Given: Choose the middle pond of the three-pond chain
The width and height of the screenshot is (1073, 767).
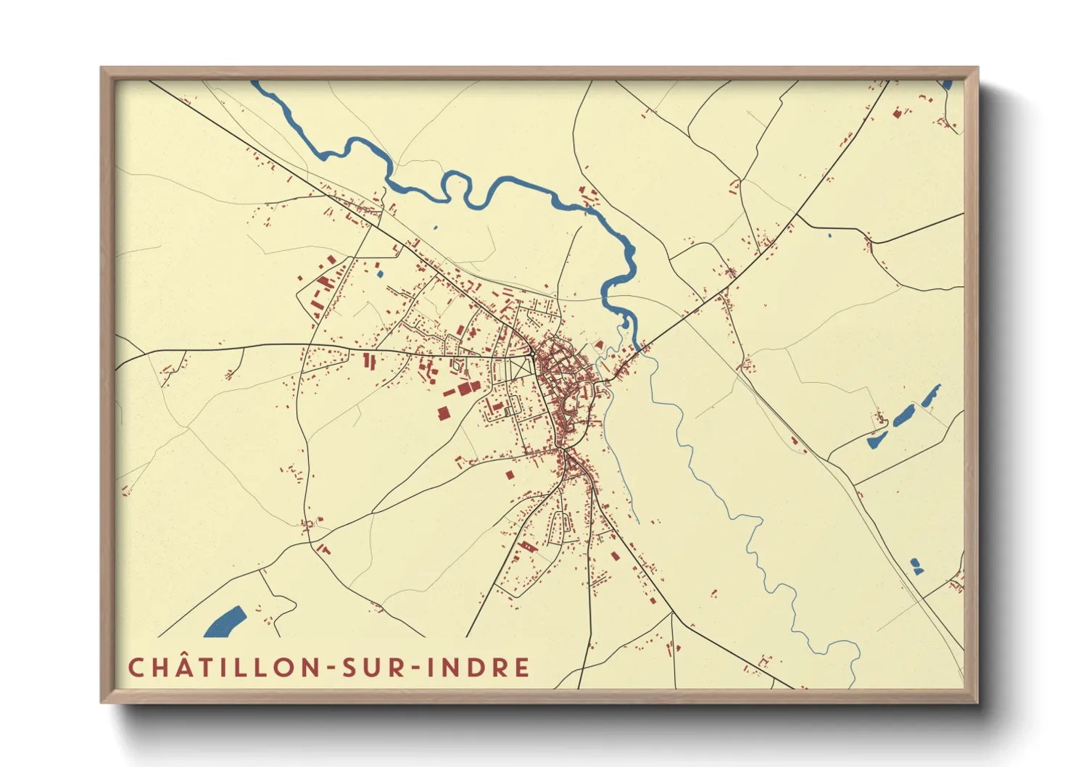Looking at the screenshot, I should pyautogui.click(x=903, y=416).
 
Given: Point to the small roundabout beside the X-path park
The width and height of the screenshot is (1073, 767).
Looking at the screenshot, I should pyautogui.click(x=534, y=355).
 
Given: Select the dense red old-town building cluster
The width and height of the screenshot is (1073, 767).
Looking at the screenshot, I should pyautogui.click(x=565, y=377).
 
